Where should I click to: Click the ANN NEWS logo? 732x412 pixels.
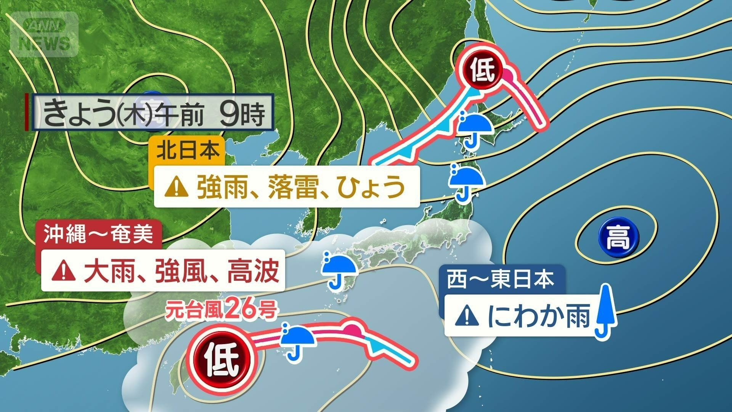pyautogui.click(x=44, y=34)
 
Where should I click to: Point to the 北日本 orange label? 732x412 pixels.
pyautogui.click(x=189, y=150)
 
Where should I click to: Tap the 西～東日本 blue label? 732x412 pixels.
pyautogui.click(x=500, y=280)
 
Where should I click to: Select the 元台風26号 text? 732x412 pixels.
pyautogui.click(x=220, y=310)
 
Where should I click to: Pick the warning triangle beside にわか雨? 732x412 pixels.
pyautogui.click(x=467, y=316)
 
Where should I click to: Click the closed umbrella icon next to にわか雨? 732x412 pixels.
pyautogui.click(x=605, y=311)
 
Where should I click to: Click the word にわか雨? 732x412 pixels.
pyautogui.click(x=538, y=316)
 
